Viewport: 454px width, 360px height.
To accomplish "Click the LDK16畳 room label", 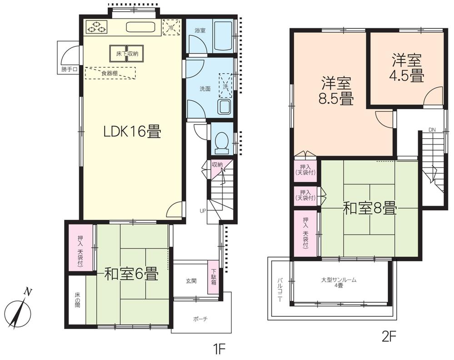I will [x=132, y=132].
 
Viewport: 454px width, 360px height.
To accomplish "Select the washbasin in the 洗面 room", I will [x=225, y=107].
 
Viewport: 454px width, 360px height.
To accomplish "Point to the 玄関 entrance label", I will [x=191, y=281].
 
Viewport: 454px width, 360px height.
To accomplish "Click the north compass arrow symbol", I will [x=21, y=309].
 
